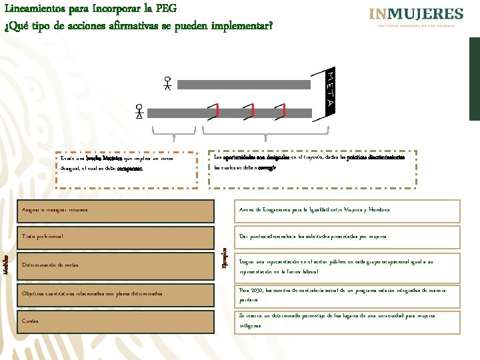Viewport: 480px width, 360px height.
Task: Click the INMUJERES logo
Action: pos(416,17)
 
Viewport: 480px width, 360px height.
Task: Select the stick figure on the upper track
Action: pos(168,83)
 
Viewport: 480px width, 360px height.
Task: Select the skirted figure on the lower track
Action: pos(139,111)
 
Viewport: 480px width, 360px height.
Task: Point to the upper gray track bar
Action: pos(254,84)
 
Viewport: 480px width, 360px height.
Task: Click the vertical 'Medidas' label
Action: pos(6,265)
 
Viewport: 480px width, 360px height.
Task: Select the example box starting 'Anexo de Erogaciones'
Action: pos(347,210)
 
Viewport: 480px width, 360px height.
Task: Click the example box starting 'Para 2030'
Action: pos(347,295)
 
